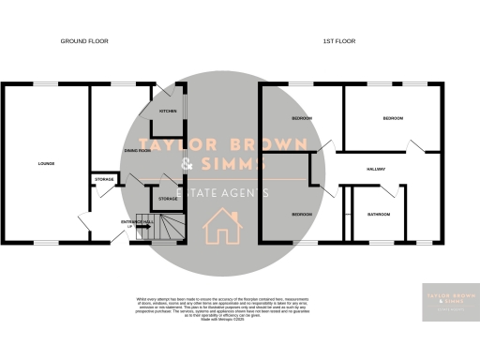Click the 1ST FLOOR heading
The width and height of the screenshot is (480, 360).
tap(338, 41)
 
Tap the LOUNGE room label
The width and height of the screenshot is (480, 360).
tap(46, 164)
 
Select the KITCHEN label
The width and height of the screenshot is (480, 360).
tap(168, 111)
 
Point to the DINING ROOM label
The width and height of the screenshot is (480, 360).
tap(138, 150)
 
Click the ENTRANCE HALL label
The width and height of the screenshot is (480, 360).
tap(136, 222)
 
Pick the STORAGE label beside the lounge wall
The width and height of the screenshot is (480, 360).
tap(103, 179)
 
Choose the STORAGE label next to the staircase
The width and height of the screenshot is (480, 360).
tap(168, 199)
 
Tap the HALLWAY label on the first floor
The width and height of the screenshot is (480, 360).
tap(377, 169)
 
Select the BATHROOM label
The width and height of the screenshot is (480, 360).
tap(379, 215)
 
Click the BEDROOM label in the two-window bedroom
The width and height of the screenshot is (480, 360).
tap(393, 118)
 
